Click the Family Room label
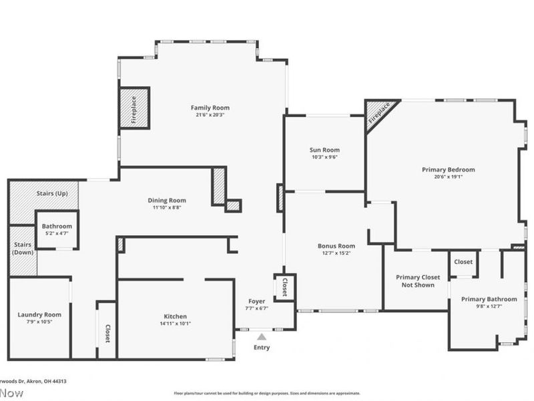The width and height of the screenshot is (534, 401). tap(210, 108)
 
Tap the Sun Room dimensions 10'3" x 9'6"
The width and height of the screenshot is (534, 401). tap(324, 158)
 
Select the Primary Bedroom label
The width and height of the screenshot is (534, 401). tap(448, 170)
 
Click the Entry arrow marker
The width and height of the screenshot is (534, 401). tap(262, 338)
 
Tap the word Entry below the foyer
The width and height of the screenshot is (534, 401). tap(262, 348)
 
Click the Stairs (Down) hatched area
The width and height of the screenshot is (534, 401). tap(21, 251)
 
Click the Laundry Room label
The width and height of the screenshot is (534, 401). tap(39, 315)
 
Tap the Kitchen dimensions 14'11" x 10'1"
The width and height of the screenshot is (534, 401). tap(176, 324)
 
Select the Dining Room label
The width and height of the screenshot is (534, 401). tap(166, 200)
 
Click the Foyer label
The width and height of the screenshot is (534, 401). tap(258, 301)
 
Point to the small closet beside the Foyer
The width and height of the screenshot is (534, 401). tap(285, 287)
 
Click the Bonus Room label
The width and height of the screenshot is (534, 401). tap(336, 246)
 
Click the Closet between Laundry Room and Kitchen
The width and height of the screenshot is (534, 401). tap(107, 332)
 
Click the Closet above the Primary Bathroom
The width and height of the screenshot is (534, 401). tap(463, 262)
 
